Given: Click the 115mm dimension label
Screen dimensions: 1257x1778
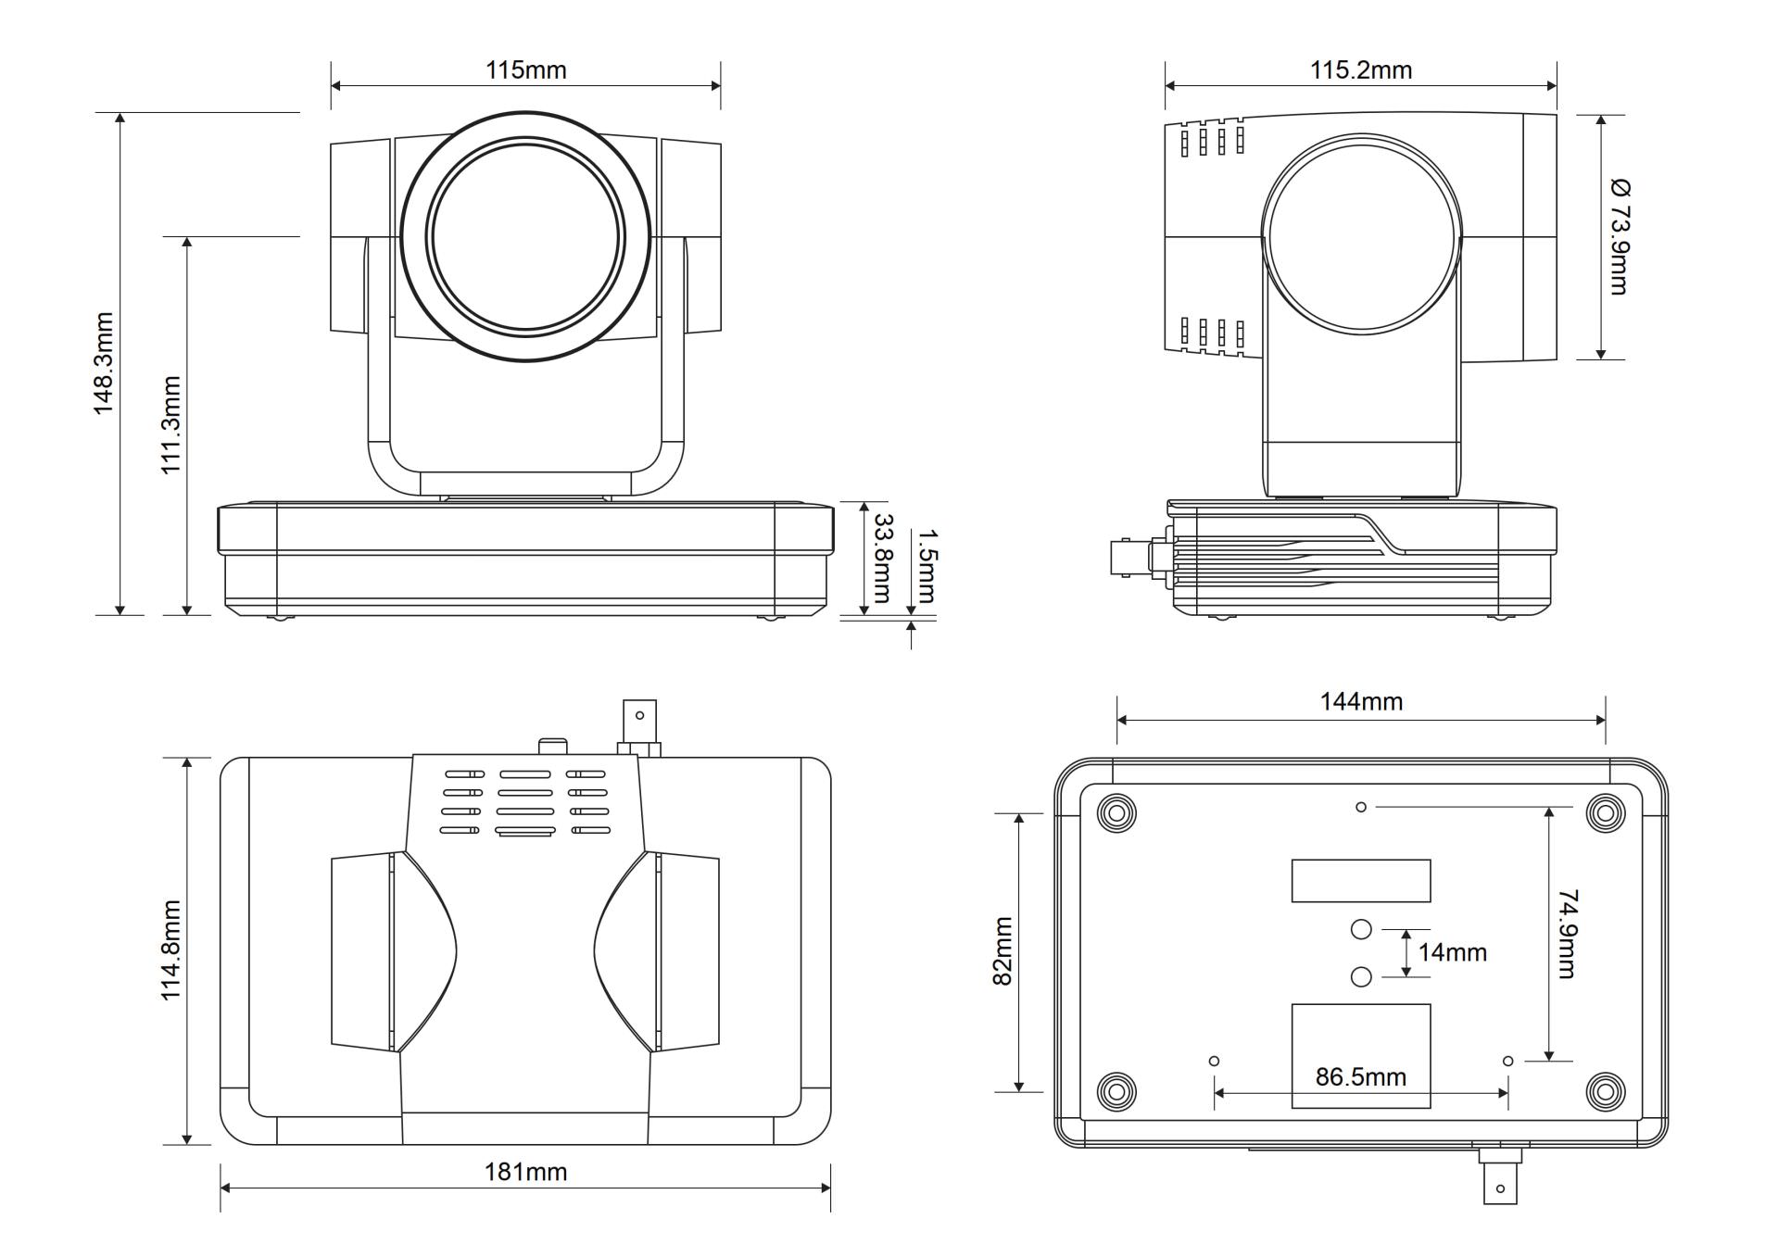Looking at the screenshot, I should coord(525,70).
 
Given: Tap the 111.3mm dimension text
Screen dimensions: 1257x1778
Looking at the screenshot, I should coord(170,424).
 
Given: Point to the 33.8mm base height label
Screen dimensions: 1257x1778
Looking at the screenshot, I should coord(882,558).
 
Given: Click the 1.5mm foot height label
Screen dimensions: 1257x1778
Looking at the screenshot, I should coord(927,565).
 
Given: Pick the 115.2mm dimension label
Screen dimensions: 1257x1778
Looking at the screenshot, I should coord(1360,70).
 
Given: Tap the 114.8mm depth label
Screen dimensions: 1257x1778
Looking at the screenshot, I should coord(170,949).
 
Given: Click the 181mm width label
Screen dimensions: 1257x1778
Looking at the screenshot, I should coord(525,1172).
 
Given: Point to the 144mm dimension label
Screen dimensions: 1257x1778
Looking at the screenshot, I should coord(1361,701).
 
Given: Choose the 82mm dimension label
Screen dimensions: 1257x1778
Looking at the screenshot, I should coord(1002,951).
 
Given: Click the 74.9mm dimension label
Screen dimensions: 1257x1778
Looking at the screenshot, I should coord(1567,933).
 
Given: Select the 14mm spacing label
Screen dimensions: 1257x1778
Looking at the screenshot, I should coord(1452,952).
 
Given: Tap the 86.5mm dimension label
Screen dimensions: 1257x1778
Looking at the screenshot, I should coord(1360,1076).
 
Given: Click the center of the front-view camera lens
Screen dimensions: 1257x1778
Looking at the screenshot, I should coord(524,235).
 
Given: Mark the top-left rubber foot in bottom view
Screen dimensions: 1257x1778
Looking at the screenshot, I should coord(1116,813).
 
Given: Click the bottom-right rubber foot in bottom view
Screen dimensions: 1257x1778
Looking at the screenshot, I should coord(1605,1090).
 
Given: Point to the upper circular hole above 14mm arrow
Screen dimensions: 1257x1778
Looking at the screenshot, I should coord(1360,928).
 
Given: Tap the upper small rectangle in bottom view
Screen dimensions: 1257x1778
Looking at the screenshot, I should coord(1360,880).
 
